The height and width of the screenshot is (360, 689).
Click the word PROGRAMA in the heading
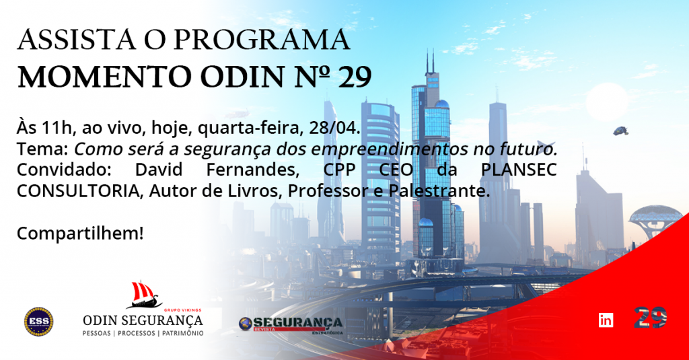coord(262,40)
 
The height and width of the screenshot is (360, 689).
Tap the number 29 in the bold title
coord(355,77)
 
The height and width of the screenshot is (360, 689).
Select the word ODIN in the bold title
coord(242,77)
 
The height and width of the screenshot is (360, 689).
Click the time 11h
coord(57,127)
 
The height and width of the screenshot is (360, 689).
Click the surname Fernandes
coord(253,170)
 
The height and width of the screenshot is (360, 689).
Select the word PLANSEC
coord(519,170)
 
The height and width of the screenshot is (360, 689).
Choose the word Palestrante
coord(439,191)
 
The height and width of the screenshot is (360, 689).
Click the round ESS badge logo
coord(38,322)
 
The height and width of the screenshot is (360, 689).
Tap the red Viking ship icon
coord(145,295)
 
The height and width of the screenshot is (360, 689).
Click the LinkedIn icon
coord(606,320)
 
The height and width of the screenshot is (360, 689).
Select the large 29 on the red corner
coord(651,318)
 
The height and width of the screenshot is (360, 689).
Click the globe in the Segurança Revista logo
coord(245,324)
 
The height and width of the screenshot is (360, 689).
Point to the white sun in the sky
coord(607,102)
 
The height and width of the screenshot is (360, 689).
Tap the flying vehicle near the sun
coord(621,131)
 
